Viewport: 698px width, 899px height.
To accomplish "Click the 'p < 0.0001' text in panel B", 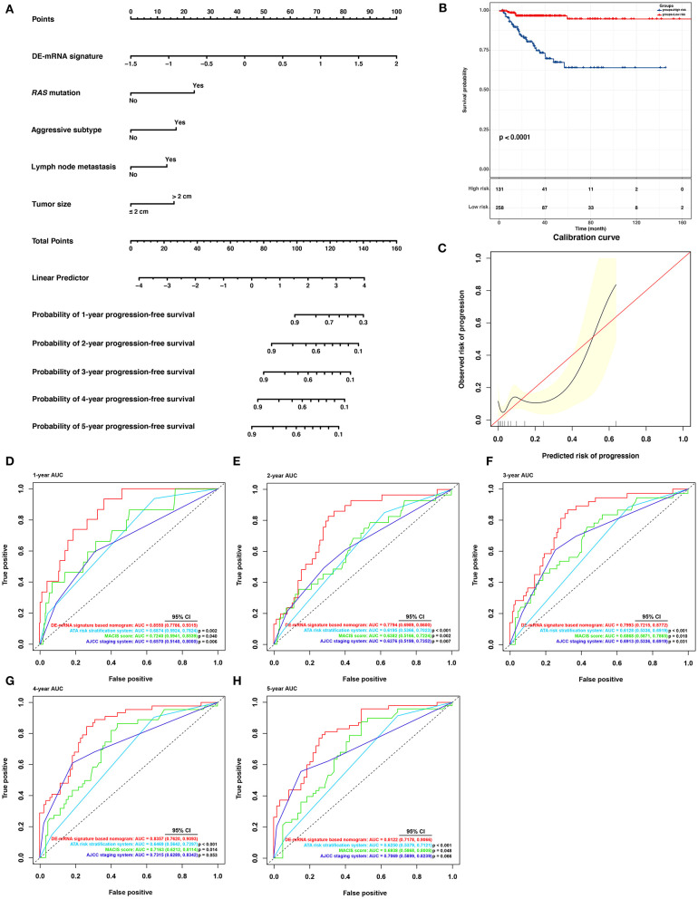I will click(x=516, y=137).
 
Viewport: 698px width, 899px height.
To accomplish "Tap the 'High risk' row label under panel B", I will click(x=465, y=190).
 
